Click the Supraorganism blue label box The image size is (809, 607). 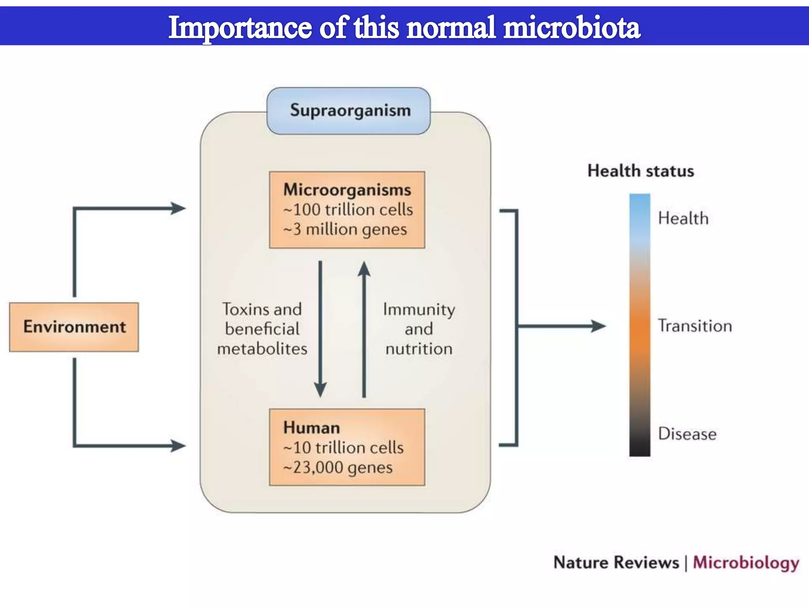[349, 111]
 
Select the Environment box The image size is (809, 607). [74, 327]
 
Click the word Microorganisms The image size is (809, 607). [347, 190]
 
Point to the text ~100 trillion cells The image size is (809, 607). [348, 209]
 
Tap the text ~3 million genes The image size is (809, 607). [345, 230]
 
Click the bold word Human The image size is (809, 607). [312, 428]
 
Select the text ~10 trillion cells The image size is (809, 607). [343, 448]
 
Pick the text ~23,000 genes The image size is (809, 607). [338, 468]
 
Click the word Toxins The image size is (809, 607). [241, 309]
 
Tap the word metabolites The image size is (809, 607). [262, 349]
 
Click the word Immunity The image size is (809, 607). [419, 309]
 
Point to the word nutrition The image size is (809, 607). [419, 349]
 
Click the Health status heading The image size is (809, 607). [640, 171]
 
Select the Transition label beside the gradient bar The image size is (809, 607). [695, 326]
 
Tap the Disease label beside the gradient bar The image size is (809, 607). [687, 434]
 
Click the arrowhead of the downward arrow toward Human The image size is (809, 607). [320, 390]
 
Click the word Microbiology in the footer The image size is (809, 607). [746, 563]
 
